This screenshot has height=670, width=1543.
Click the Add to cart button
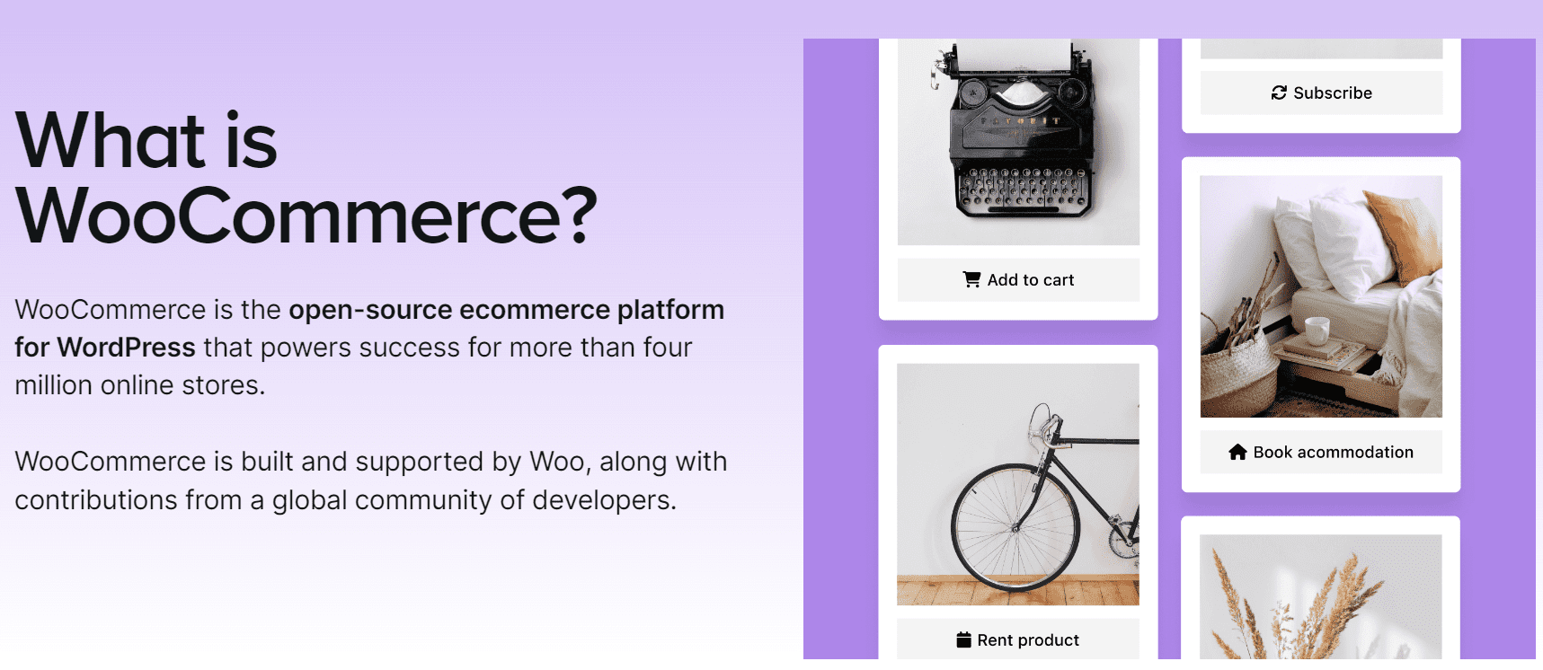pos(1018,280)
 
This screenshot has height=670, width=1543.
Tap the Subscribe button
pos(1321,93)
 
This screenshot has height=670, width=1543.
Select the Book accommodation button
pos(1320,453)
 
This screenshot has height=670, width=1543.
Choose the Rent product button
pos(1017,639)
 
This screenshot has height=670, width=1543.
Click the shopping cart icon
pos(971,279)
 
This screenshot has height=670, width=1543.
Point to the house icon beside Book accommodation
pos(1237,453)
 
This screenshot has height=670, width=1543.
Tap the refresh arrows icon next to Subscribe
pos(1279,93)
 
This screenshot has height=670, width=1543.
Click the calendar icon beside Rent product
pos(963,639)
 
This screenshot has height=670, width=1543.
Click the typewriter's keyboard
pos(1023,189)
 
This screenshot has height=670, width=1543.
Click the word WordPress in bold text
pos(126,348)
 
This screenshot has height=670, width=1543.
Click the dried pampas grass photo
pos(1320,597)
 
